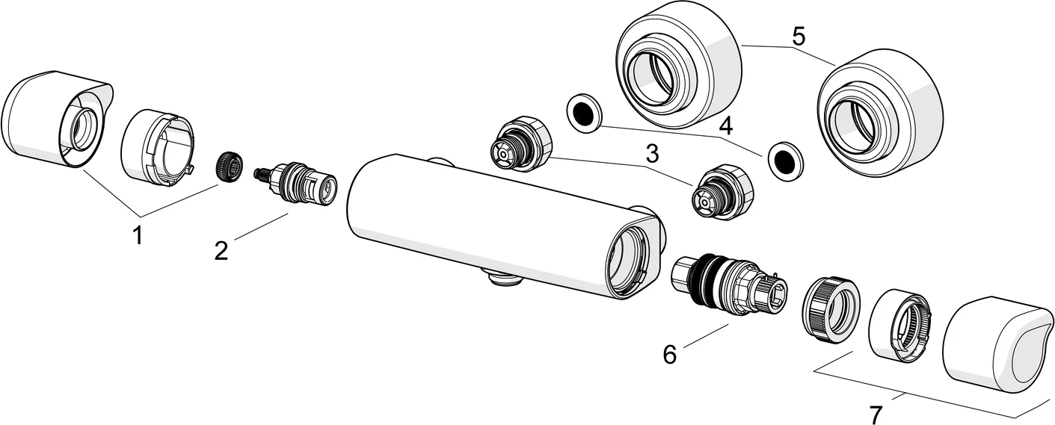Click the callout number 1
pos(137,236)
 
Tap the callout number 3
pos(652,155)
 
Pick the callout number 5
pos(799,36)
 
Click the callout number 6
pos(669,354)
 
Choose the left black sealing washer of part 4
pos(585,113)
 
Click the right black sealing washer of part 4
pos(783,158)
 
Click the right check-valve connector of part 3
pos(721,191)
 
